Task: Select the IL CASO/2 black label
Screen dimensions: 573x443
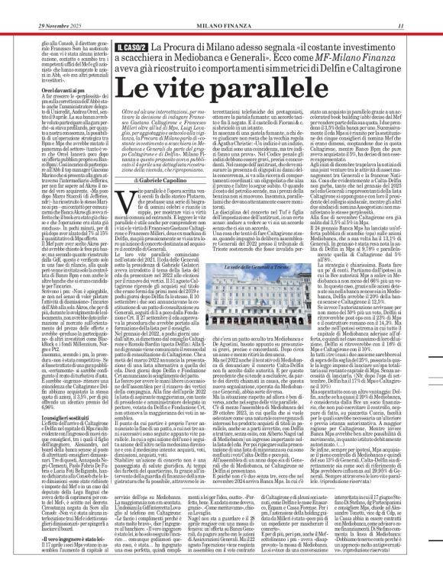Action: coord(134,48)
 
